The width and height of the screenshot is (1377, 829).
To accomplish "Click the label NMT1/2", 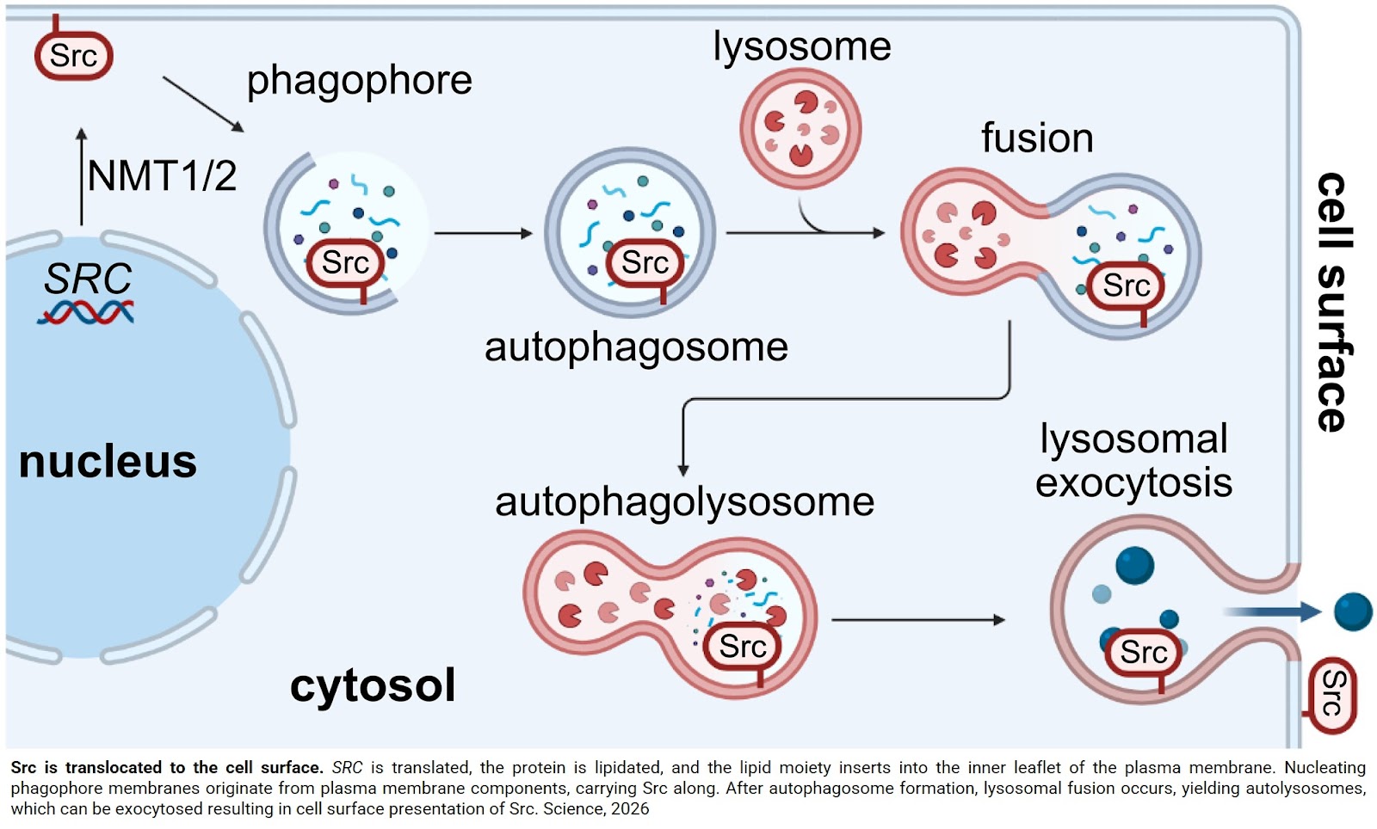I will [161, 176].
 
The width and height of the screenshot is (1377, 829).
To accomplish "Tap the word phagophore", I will [359, 82].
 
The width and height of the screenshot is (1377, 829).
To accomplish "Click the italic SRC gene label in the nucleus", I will [88, 279].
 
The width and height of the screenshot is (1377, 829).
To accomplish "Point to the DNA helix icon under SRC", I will [85, 312].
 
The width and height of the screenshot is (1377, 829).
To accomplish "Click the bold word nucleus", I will [108, 462].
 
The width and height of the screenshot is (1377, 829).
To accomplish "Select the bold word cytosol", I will [372, 685].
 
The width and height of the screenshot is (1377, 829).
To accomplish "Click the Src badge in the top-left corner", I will [73, 56].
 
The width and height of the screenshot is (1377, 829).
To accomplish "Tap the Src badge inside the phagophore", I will [345, 263].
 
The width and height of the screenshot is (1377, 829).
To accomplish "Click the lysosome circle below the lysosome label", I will [800, 129].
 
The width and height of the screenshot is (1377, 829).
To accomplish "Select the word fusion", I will [1037, 138].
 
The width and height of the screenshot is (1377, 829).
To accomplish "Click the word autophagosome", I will [636, 347].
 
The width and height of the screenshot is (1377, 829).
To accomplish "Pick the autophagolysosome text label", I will [684, 502].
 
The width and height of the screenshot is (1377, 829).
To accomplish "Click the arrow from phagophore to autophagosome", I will [483, 233].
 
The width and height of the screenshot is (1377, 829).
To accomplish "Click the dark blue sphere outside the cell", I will [1353, 611].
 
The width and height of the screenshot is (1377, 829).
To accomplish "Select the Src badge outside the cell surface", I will [1331, 695].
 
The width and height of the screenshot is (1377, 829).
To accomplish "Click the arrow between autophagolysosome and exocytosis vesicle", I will [917, 620].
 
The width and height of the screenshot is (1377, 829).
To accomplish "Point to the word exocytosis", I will [1133, 483].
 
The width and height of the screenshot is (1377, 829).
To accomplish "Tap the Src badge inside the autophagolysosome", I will [742, 647].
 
